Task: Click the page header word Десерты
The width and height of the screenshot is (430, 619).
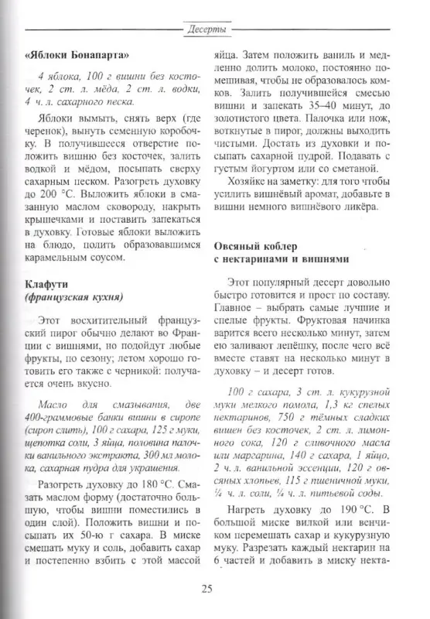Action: tap(206, 30)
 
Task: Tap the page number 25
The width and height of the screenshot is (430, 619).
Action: tap(206, 589)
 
